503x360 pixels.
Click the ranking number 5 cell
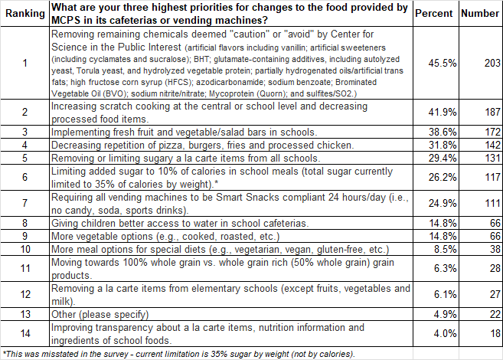(24, 158)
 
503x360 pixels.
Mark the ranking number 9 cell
(24, 236)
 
